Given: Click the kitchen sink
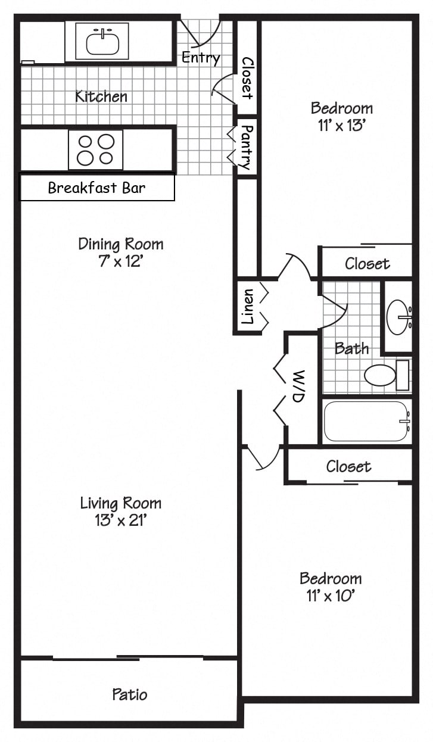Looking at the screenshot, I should point(102,42).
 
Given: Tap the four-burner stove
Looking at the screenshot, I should point(96,149).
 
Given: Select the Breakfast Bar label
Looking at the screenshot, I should point(96,188).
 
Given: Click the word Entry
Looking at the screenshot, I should point(201,58).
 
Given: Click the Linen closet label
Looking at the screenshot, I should point(247,307).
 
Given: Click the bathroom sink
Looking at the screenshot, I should point(398,316).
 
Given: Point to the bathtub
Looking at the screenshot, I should point(366,422).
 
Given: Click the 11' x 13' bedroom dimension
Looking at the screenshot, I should point(341,126).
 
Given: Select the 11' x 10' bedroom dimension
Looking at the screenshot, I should point(331,596).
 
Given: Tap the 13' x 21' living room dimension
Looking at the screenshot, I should point(120,520).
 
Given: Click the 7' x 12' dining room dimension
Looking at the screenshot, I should point(120,261).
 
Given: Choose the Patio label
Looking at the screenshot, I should point(129,694).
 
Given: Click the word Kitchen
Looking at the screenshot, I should point(101,96).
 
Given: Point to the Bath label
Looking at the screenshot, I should point(351,348).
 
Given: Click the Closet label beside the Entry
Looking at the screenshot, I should point(247,78).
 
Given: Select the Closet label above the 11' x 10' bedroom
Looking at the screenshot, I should point(348,466).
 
